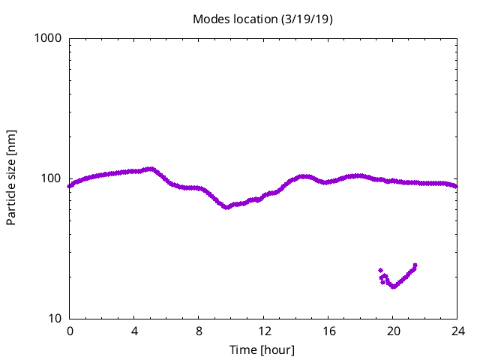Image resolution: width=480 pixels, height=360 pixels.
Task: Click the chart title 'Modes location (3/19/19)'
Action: pos(262,19)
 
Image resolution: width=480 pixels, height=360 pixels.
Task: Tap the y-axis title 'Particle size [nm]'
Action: pos(11,178)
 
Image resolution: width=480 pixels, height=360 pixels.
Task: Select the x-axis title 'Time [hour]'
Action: pos(262,350)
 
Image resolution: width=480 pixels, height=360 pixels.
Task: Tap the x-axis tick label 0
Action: pos(70,331)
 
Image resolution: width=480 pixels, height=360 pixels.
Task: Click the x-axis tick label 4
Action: pos(134,331)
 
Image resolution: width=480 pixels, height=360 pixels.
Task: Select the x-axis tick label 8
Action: pos(199,331)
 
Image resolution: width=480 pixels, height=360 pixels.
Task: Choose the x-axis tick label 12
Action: pos(264,331)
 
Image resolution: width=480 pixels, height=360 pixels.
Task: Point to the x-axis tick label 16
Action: pos(328,331)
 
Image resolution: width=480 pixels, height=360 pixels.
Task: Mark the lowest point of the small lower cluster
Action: pos(393,286)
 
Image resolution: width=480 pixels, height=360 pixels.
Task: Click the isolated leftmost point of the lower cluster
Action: pos(380,270)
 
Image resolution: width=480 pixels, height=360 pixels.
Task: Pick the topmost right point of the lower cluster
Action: pos(415,265)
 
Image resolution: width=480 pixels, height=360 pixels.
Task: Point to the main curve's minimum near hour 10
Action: pos(226,207)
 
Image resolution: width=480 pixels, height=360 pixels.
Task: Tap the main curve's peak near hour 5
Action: pos(151,169)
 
